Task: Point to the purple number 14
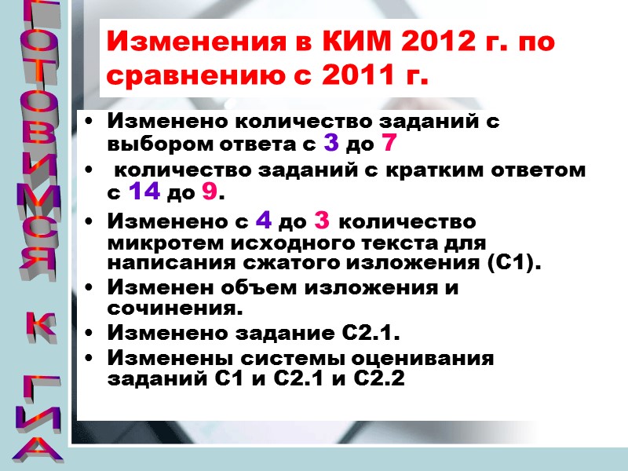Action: [x=144, y=190]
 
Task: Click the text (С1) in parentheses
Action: [x=513, y=261]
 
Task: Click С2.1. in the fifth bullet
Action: [x=368, y=334]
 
